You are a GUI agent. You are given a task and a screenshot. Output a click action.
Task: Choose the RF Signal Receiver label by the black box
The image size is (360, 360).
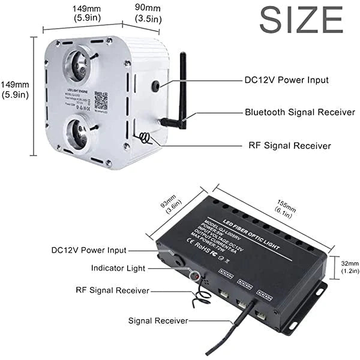[x=112, y=291]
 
